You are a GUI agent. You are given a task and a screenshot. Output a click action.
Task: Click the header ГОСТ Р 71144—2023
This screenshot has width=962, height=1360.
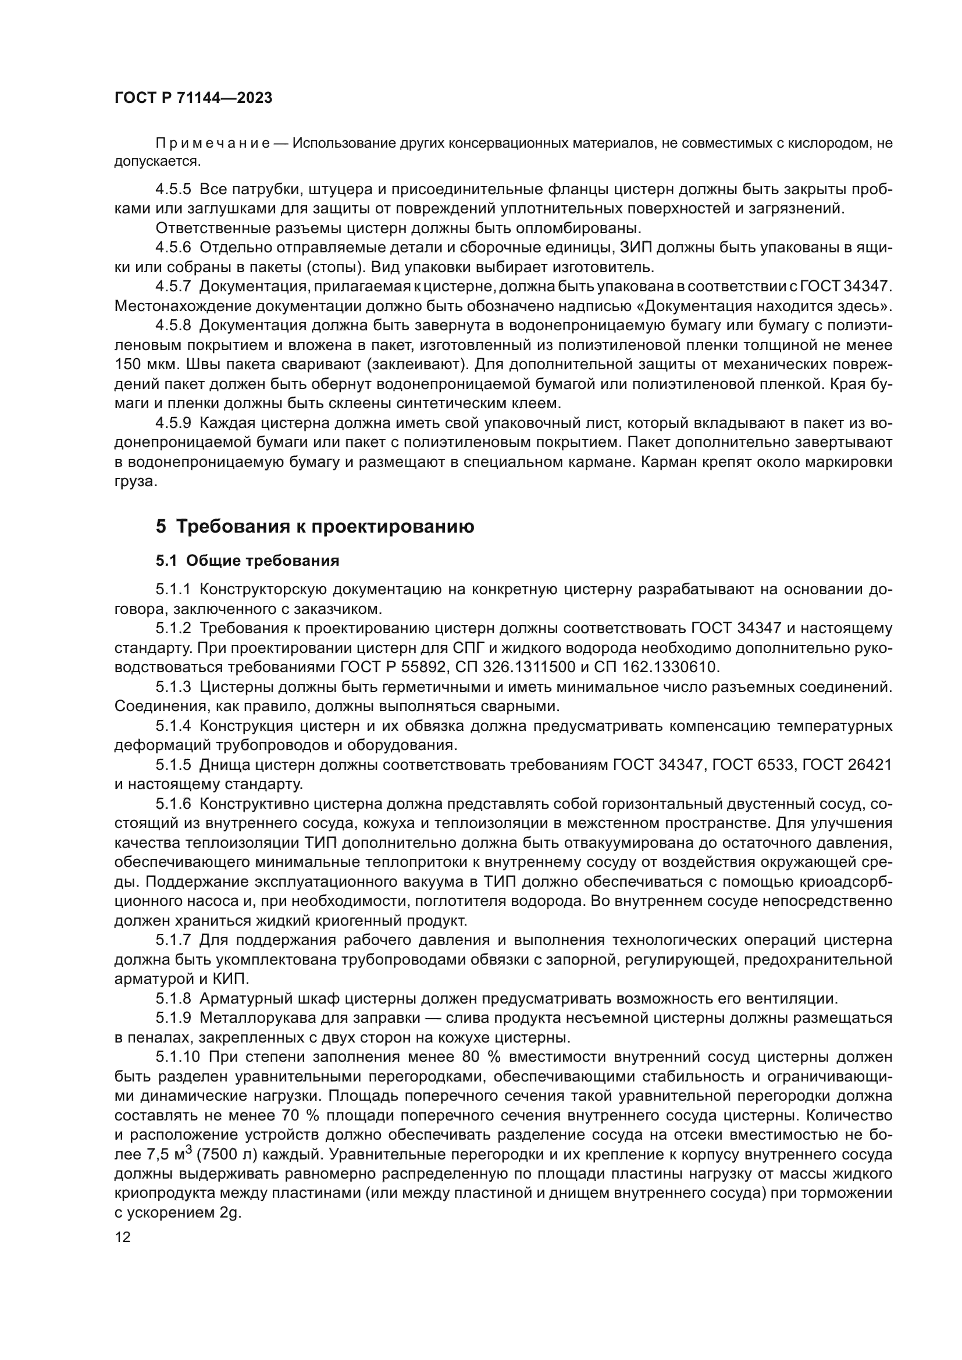tap(193, 98)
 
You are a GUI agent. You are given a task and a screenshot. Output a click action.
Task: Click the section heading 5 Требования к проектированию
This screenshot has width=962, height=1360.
tap(315, 527)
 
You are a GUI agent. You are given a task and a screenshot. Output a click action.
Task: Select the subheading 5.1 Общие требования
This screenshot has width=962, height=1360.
tap(247, 561)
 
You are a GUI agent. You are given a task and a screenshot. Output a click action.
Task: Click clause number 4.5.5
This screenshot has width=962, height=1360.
tap(173, 190)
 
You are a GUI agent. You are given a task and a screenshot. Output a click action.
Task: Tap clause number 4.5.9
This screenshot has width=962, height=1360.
tap(173, 423)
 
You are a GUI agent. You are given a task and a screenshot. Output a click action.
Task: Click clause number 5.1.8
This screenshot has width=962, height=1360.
tap(173, 999)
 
